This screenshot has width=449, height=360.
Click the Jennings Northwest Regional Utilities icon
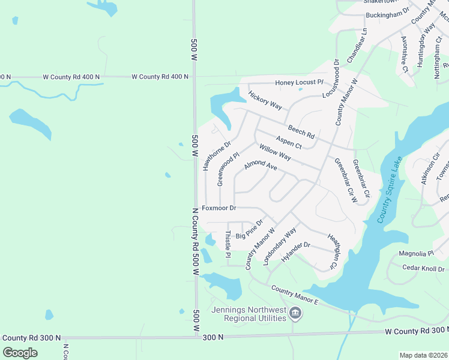[x=295, y=313]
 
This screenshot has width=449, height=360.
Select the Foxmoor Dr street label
[x=219, y=208]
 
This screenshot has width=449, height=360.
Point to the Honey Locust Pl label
[x=299, y=82]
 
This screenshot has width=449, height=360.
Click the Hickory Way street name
[x=265, y=100]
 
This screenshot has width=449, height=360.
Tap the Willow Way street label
[x=275, y=152]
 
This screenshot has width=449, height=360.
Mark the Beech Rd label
[x=301, y=130]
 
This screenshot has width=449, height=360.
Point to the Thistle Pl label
[x=228, y=245]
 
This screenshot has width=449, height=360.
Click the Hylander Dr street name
[x=295, y=252]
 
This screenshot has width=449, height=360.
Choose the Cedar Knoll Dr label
[x=424, y=268]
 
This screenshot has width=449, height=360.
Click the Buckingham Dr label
[x=388, y=11]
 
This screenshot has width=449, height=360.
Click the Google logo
[x=20, y=353]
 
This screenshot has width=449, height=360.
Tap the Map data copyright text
[x=423, y=355]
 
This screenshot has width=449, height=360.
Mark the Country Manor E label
[x=294, y=295]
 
